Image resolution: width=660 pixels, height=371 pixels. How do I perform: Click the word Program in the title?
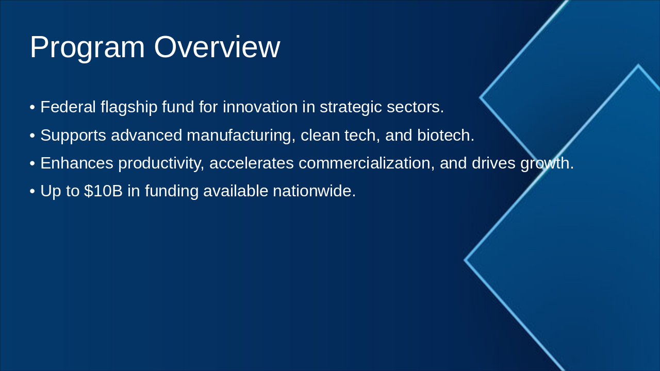(x=88, y=48)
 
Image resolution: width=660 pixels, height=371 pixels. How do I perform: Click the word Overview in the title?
(x=217, y=47)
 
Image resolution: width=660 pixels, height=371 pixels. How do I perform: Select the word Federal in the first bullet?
(x=68, y=107)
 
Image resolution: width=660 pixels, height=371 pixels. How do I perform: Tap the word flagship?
(x=129, y=108)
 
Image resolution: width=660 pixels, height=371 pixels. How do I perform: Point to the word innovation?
(x=260, y=107)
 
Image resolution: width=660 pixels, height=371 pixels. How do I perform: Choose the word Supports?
(x=73, y=136)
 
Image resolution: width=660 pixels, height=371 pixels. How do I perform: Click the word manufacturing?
(x=241, y=136)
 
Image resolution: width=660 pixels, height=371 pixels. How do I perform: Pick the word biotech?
(x=445, y=135)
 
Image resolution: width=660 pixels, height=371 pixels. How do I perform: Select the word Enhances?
(x=77, y=163)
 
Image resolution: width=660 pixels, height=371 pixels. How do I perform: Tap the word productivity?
(x=161, y=164)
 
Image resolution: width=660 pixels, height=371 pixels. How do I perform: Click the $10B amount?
(x=104, y=191)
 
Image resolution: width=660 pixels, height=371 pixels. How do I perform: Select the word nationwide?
(x=315, y=191)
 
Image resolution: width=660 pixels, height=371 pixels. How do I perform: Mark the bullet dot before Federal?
(x=32, y=107)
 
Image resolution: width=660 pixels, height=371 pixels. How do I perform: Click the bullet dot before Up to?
(x=32, y=191)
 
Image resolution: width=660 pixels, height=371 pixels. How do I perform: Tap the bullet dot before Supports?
(x=32, y=136)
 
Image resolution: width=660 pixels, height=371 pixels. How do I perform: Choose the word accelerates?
(x=252, y=163)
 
